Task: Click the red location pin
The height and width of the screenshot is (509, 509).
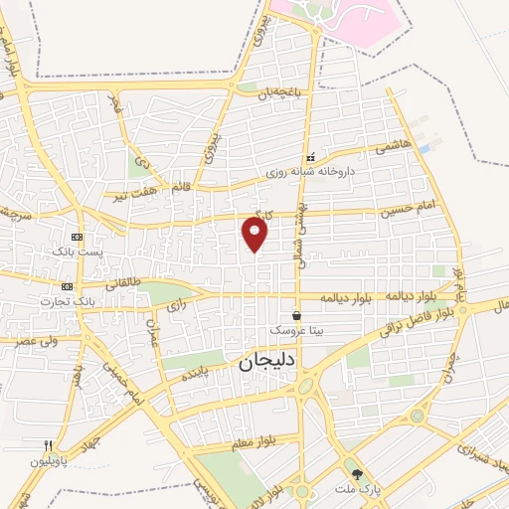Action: [255, 235]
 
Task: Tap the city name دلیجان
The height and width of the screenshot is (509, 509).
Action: [266, 363]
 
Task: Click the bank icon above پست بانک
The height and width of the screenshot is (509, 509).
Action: [78, 239]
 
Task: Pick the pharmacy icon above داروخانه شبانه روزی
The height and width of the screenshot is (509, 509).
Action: [310, 157]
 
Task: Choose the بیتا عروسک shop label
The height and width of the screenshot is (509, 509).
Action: [296, 330]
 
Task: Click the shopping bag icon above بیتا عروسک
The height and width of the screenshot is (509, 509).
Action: [296, 315]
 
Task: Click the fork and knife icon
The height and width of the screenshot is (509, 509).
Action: [47, 445]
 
